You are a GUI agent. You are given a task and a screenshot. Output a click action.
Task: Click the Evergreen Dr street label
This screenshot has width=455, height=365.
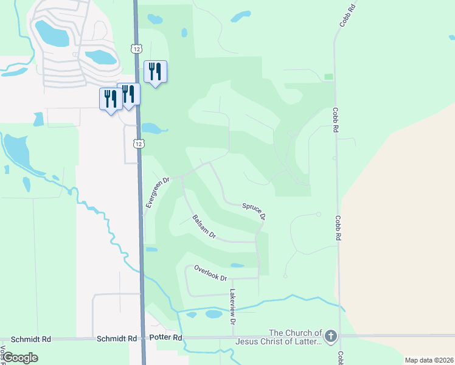[x=158, y=193]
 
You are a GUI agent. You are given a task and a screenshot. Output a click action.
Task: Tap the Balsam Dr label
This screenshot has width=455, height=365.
[x=204, y=226]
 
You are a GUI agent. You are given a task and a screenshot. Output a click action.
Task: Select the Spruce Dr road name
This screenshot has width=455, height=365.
[x=254, y=211]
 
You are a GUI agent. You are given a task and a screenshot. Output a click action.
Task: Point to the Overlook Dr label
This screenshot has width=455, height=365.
[x=210, y=273]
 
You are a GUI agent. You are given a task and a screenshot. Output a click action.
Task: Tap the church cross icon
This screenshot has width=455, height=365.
[x=330, y=336]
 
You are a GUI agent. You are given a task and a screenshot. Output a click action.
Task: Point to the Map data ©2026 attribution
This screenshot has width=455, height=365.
[x=428, y=360]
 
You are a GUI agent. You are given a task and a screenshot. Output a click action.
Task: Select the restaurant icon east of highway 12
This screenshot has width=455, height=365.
[x=155, y=72]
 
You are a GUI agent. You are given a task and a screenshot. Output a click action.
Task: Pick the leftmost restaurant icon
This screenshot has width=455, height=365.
[x=111, y=99]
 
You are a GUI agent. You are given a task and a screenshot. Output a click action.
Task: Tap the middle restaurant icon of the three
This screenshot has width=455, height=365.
[x=128, y=94]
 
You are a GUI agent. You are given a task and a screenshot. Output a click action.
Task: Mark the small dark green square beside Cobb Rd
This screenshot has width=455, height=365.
[x=328, y=77]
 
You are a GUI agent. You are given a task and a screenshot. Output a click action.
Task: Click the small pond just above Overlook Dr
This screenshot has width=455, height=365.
[x=237, y=265]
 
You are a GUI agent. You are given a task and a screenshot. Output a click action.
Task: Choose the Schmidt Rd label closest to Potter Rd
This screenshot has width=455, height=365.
[x=115, y=338]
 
